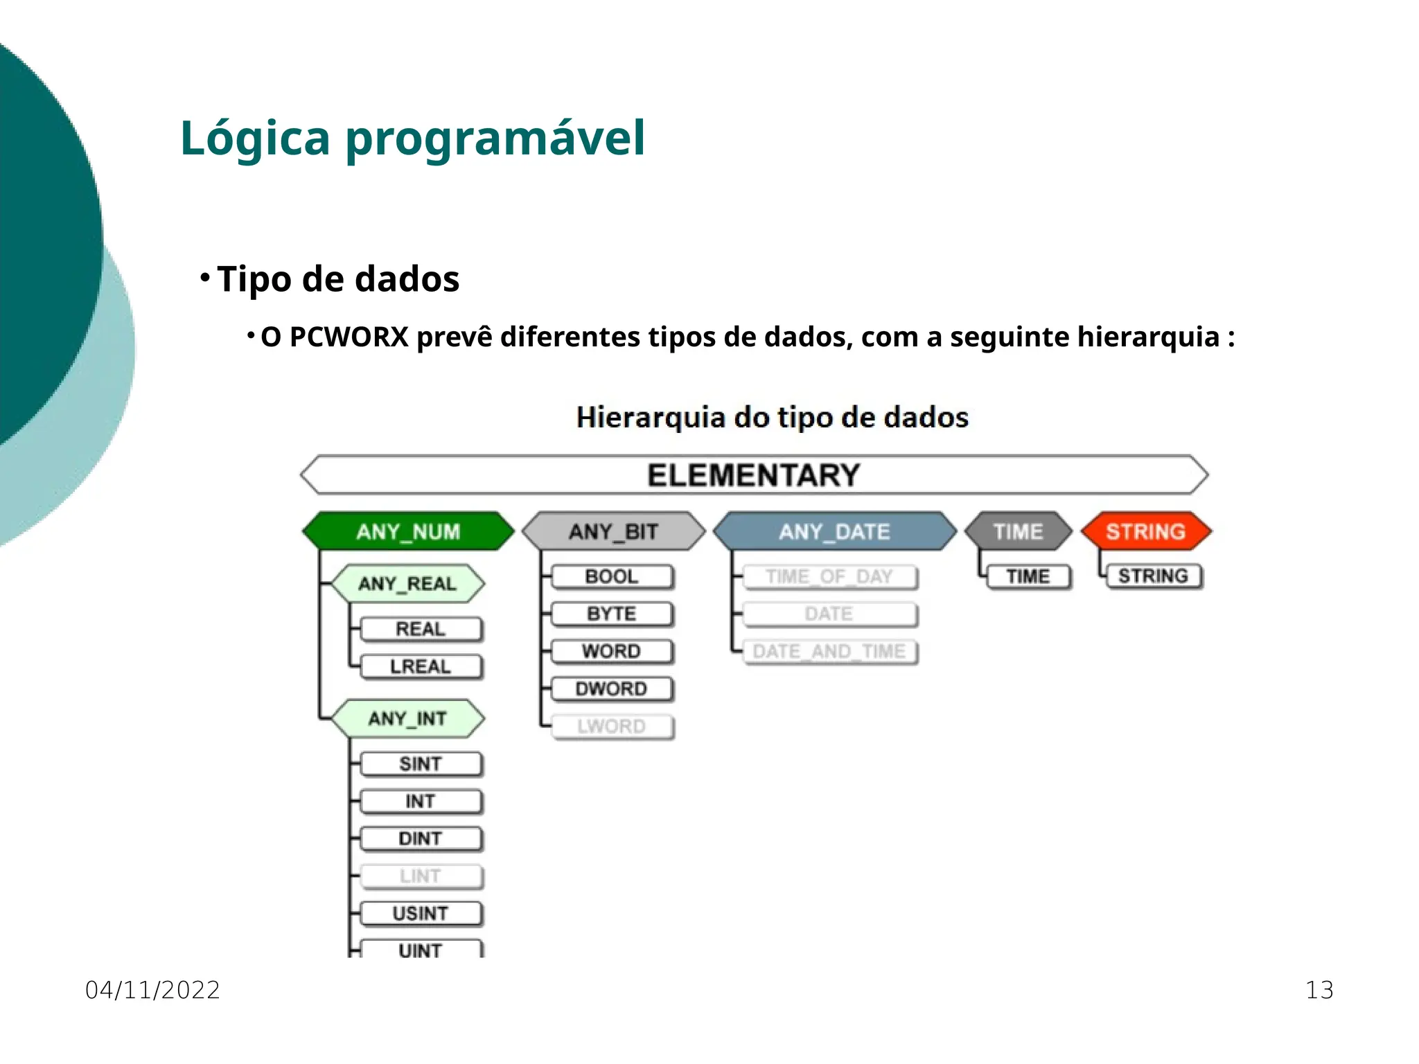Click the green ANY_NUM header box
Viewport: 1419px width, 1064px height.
point(408,531)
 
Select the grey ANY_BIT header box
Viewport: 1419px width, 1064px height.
point(613,531)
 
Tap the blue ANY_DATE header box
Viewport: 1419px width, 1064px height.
point(834,531)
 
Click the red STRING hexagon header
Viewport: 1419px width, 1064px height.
point(1145,531)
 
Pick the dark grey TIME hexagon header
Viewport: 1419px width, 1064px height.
point(1018,531)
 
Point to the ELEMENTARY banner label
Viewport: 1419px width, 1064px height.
point(754,475)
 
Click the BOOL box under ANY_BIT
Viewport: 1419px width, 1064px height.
point(611,576)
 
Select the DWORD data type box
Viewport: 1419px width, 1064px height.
point(611,689)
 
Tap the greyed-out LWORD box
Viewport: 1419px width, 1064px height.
point(611,726)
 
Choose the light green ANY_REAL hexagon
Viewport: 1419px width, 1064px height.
point(407,583)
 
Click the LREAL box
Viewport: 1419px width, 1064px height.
point(420,666)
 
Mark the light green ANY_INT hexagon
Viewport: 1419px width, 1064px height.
point(407,718)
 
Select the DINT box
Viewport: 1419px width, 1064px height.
point(420,838)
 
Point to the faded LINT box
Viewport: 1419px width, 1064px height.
point(420,876)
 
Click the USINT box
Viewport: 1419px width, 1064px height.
point(420,913)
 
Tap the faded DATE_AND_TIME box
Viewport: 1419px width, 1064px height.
point(829,651)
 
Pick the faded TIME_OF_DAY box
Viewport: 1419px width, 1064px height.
point(829,576)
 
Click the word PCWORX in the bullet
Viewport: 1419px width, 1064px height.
point(349,337)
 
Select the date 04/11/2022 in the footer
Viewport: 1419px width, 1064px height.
point(152,990)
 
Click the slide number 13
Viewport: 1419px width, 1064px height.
point(1319,990)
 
